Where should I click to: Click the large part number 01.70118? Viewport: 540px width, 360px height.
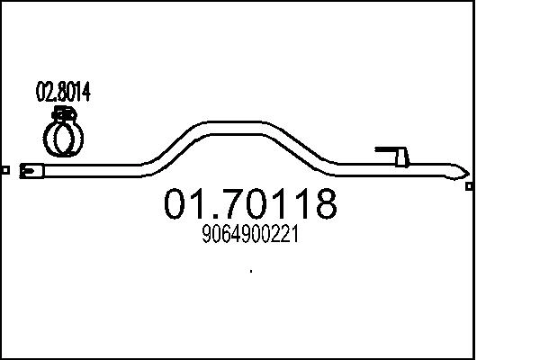coord(250,204)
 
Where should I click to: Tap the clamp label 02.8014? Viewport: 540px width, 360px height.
coord(62,92)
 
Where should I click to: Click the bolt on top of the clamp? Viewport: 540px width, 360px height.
coord(63,113)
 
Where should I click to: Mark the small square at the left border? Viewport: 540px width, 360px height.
coord(5,169)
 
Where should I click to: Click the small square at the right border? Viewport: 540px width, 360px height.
coord(469,186)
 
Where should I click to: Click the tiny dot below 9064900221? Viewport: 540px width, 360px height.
coord(249,271)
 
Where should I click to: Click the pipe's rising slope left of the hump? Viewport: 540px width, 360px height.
coord(171,147)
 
